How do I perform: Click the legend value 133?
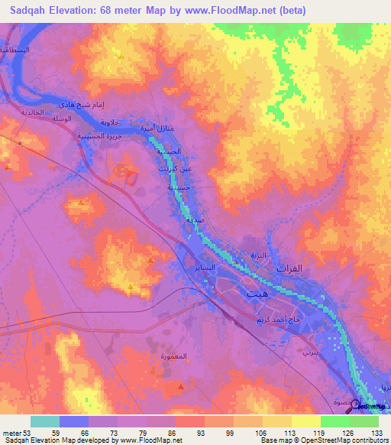[x=376, y=433]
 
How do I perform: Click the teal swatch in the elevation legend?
[x=44, y=421]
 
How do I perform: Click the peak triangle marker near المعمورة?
[x=179, y=388]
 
